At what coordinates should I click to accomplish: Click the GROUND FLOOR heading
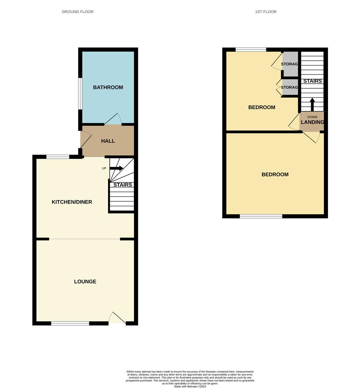(x=78, y=12)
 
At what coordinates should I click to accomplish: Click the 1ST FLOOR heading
(x=266, y=12)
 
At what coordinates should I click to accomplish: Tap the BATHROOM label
(x=108, y=87)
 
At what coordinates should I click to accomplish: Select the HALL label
(x=108, y=141)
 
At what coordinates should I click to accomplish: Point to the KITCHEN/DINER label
(x=72, y=202)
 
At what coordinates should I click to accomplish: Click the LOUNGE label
(x=85, y=282)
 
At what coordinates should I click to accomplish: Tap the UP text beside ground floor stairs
(x=104, y=168)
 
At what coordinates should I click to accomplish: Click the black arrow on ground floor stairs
(x=116, y=168)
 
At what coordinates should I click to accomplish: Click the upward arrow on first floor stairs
(x=312, y=104)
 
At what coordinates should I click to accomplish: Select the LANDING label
(x=312, y=122)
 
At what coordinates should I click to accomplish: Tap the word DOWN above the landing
(x=312, y=117)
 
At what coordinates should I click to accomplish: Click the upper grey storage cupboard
(x=290, y=64)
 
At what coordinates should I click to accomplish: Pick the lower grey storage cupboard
(x=290, y=87)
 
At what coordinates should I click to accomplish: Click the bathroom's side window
(x=80, y=93)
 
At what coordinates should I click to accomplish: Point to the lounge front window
(x=70, y=323)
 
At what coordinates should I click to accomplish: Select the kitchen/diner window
(x=58, y=157)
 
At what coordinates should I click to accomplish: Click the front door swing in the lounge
(x=117, y=319)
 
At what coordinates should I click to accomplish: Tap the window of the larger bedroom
(x=261, y=216)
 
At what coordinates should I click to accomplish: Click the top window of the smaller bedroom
(x=251, y=50)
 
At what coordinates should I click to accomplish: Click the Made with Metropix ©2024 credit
(x=190, y=386)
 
